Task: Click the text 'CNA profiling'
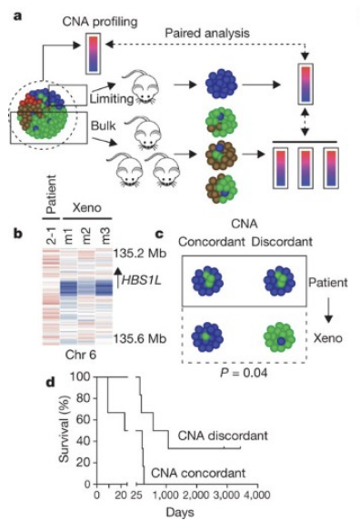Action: (x=100, y=22)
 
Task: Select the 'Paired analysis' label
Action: (x=207, y=33)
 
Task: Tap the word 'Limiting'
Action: (x=112, y=98)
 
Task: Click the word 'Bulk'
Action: (x=103, y=125)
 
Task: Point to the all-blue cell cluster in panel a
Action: (x=222, y=84)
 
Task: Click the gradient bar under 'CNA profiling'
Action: (x=94, y=55)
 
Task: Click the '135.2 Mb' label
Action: (x=139, y=254)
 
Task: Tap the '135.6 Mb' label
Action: (x=139, y=338)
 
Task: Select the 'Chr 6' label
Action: (x=81, y=355)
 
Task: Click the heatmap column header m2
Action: (x=86, y=235)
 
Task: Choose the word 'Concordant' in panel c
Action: (x=212, y=242)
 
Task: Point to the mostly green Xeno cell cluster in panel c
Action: (x=280, y=337)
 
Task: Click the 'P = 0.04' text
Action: (x=244, y=373)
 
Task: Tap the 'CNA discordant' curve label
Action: (x=223, y=436)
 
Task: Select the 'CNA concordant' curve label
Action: (x=198, y=473)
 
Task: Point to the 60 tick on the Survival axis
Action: (x=84, y=420)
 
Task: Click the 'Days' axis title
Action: (x=180, y=512)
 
